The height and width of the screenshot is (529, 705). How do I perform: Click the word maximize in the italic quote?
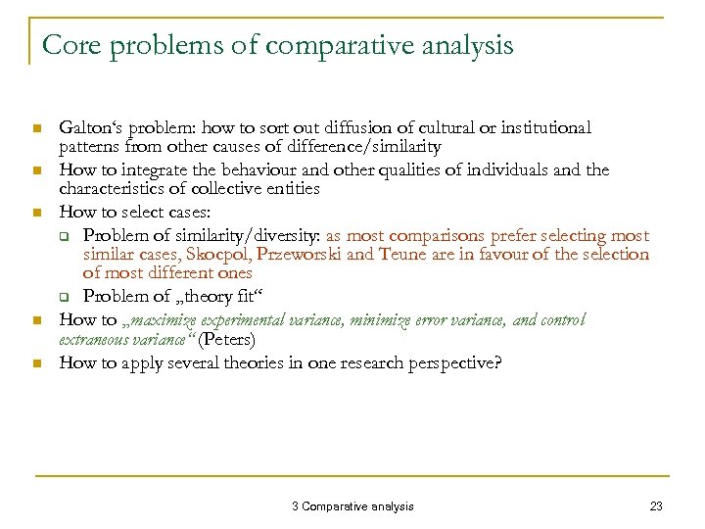[x=156, y=320]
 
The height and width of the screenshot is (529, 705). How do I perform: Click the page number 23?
[x=656, y=505]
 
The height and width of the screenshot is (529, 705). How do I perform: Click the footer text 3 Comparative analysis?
[x=352, y=505]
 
